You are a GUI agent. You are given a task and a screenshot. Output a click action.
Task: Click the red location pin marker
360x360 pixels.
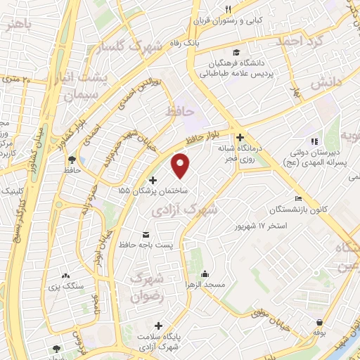pyautogui.click(x=181, y=165)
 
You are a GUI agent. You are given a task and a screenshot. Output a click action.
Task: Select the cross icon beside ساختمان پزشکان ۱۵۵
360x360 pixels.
pyautogui.click(x=153, y=181)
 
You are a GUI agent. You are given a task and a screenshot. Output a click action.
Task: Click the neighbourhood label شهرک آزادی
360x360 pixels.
pyautogui.click(x=185, y=210)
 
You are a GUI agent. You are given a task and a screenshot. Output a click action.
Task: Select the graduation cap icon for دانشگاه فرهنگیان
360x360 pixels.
pyautogui.click(x=237, y=53)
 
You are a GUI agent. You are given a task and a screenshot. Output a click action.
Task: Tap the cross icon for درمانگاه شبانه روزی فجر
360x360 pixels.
pyautogui.click(x=240, y=137)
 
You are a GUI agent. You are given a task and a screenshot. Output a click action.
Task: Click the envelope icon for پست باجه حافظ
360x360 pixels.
pyautogui.click(x=146, y=233)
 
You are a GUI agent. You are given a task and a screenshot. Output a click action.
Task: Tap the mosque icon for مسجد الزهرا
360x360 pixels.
pyautogui.click(x=205, y=274)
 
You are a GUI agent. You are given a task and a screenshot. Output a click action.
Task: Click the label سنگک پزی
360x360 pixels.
pyautogui.click(x=73, y=286)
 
